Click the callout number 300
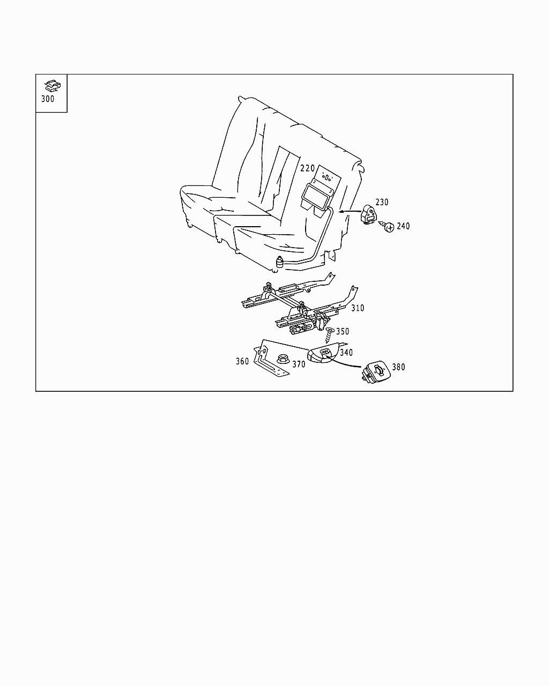click(x=48, y=99)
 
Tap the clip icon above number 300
click(x=53, y=85)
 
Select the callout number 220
click(x=308, y=168)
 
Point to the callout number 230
click(x=382, y=202)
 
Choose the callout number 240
click(x=403, y=226)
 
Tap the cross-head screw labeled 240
click(x=388, y=226)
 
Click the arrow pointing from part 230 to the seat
click(x=350, y=211)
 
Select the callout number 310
click(x=358, y=308)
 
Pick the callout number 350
click(x=343, y=332)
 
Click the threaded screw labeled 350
click(x=329, y=335)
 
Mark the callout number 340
click(x=346, y=353)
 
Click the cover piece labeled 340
click(x=322, y=355)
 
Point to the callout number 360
click(x=242, y=361)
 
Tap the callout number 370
click(x=299, y=364)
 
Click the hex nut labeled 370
click(x=282, y=359)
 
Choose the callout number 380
click(x=398, y=367)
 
